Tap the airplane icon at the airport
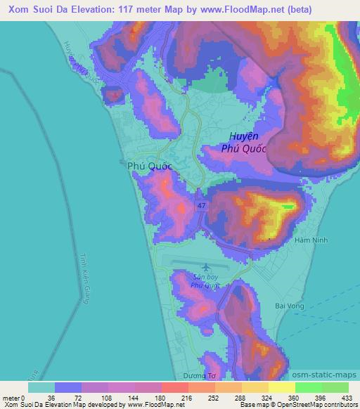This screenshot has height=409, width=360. coord(205,268)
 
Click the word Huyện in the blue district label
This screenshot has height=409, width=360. coord(243,136)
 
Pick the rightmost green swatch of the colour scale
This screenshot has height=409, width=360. coord(335,387)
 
